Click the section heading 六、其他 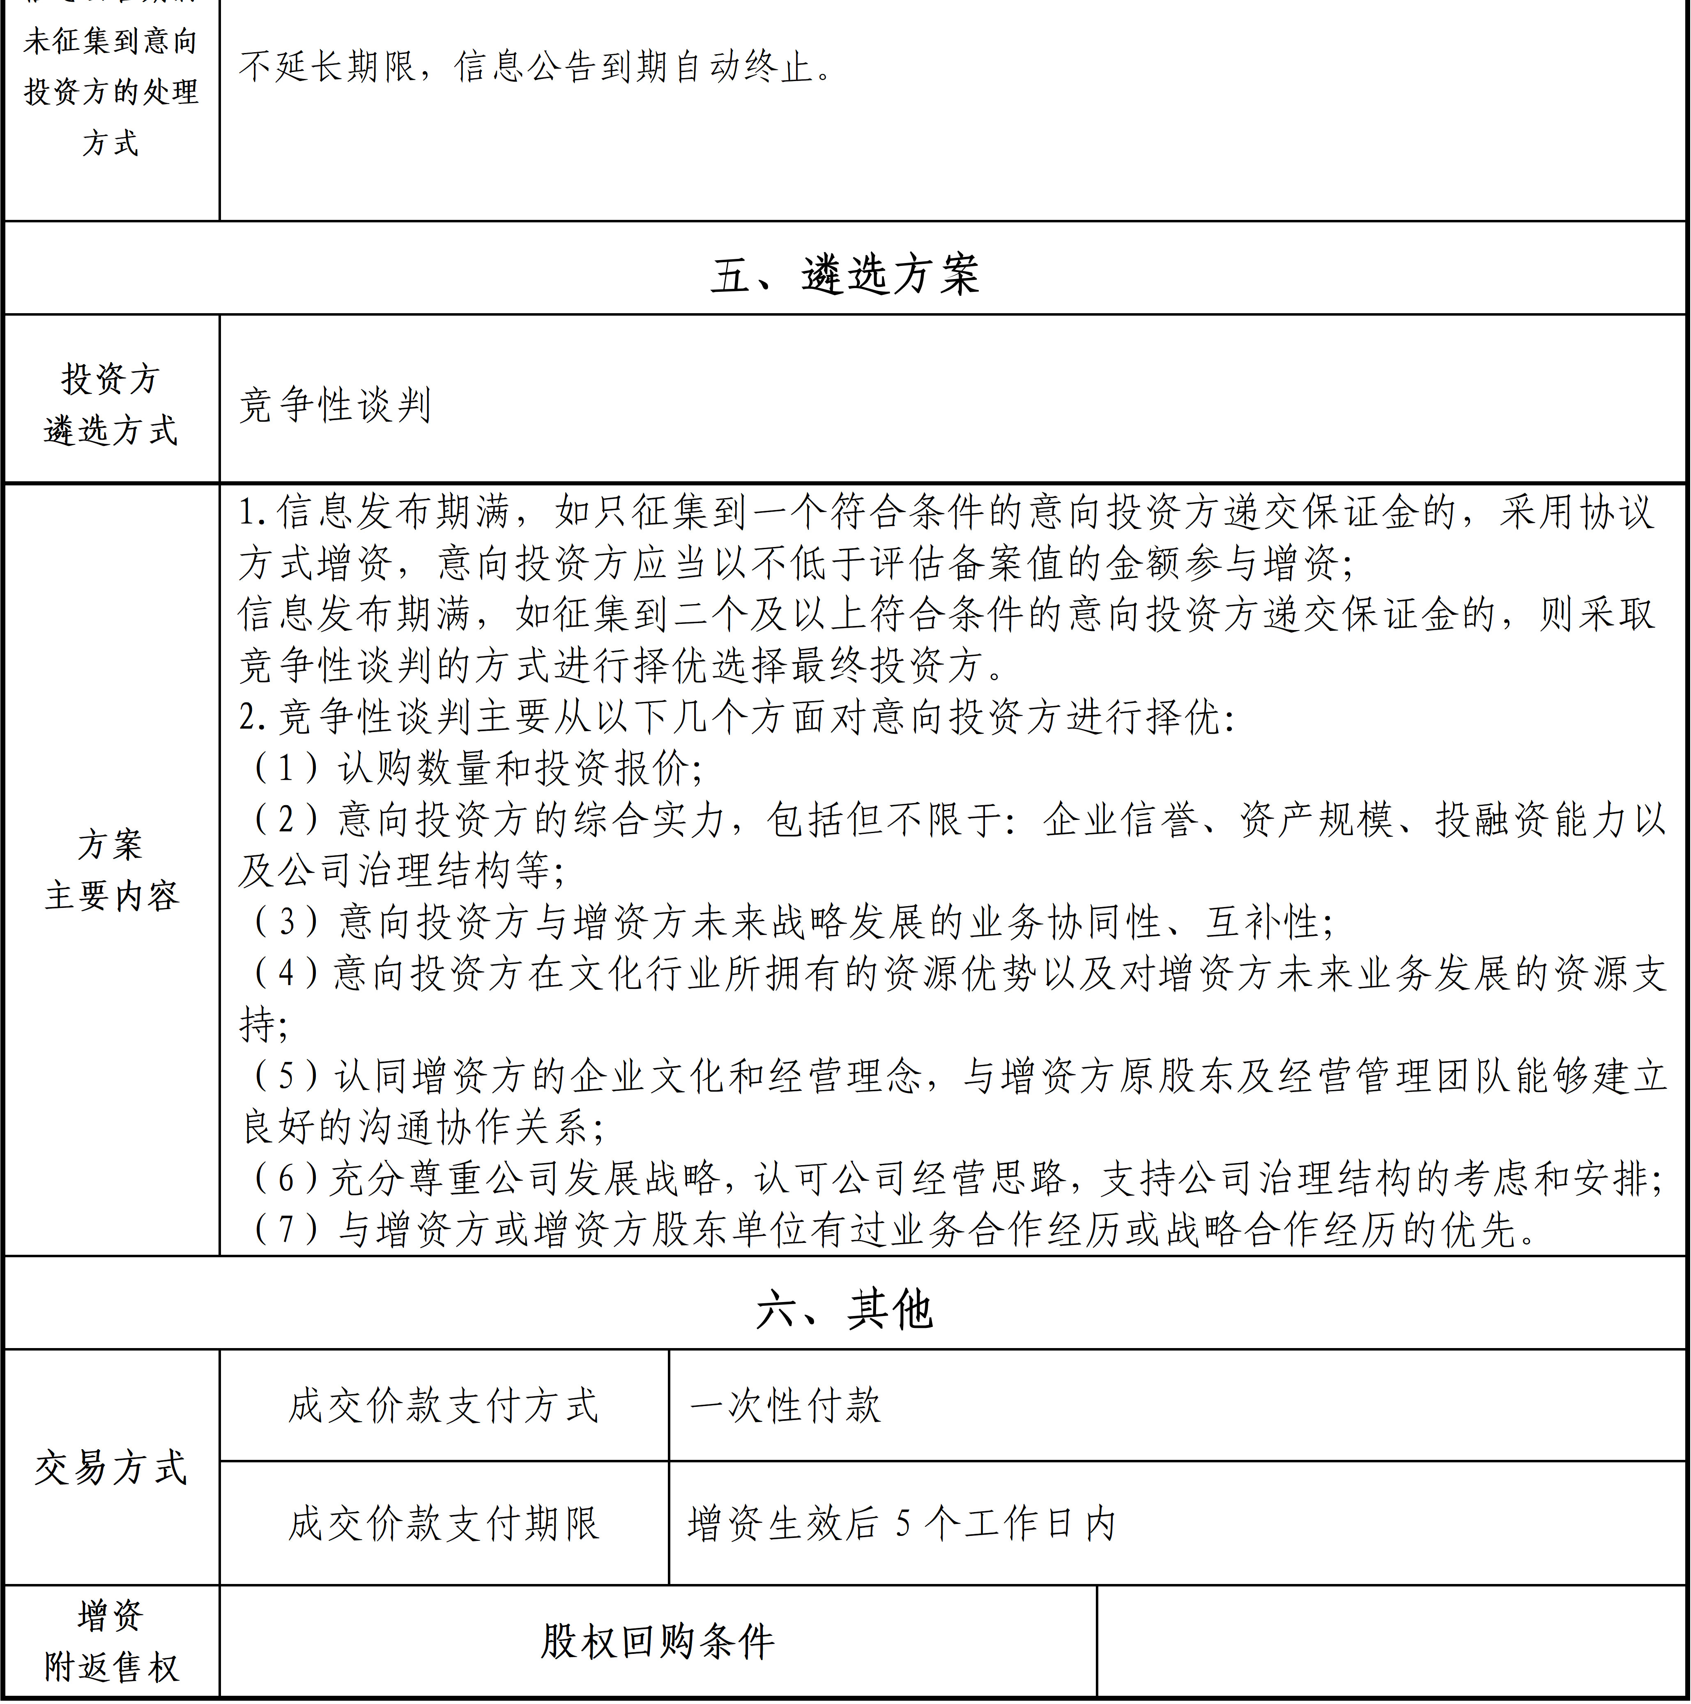point(844,1309)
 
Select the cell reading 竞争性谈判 point(335,406)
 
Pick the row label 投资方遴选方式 point(111,405)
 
